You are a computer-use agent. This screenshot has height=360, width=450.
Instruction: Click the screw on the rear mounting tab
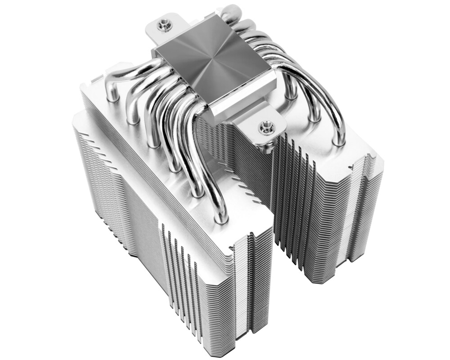coord(165,24)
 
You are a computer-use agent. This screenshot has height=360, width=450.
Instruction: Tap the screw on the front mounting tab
coord(266,127)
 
